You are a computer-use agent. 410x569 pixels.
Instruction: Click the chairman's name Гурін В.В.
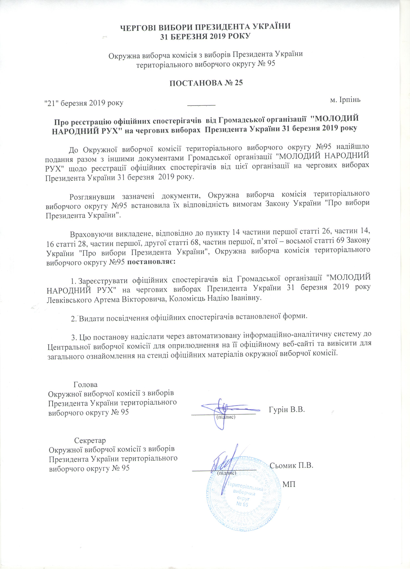[x=287, y=410]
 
